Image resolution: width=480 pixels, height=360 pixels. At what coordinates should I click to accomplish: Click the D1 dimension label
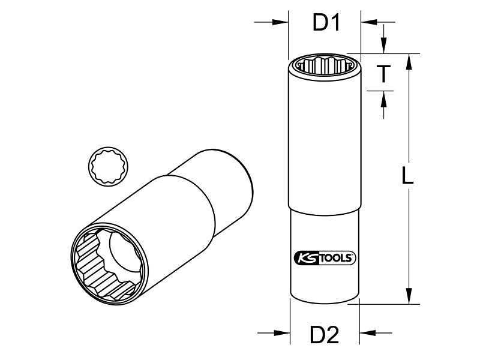pyautogui.click(x=326, y=23)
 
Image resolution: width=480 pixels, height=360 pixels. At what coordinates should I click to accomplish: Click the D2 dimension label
pyautogui.click(x=325, y=335)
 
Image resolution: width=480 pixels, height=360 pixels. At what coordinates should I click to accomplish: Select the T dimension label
pyautogui.click(x=383, y=74)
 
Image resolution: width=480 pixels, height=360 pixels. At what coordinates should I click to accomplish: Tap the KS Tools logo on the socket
pyautogui.click(x=325, y=258)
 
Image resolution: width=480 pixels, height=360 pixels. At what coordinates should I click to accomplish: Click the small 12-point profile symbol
pyautogui.click(x=109, y=166)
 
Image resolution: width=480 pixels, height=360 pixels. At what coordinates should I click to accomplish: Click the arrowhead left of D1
pyautogui.click(x=281, y=22)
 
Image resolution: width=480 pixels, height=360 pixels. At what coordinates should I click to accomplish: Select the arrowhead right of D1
pyautogui.click(x=369, y=22)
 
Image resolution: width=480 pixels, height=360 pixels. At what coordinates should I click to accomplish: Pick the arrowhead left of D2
pyautogui.click(x=282, y=333)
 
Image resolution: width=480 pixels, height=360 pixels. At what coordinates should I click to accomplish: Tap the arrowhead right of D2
pyautogui.click(x=367, y=333)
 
